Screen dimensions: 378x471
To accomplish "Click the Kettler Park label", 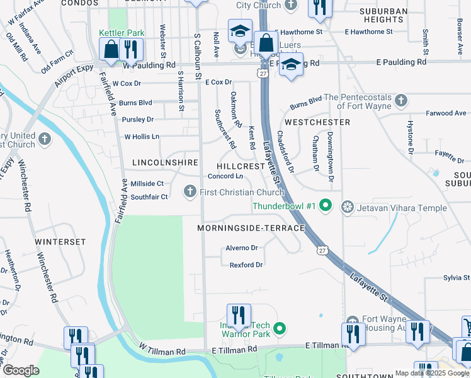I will [x=122, y=33].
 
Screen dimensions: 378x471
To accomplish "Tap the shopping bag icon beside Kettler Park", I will [x=111, y=50].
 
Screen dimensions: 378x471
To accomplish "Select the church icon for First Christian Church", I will [x=191, y=191].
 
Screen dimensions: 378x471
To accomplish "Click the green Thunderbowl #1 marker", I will [x=325, y=205].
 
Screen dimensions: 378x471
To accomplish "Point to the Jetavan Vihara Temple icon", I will [x=347, y=207].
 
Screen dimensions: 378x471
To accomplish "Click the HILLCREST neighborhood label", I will [x=241, y=166].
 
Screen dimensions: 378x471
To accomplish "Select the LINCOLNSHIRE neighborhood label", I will [x=166, y=162].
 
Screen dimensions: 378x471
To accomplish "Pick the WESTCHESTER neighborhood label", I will [x=317, y=122].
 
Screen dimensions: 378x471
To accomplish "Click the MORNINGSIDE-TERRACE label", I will [x=251, y=227].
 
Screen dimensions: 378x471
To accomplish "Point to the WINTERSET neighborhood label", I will [x=60, y=241].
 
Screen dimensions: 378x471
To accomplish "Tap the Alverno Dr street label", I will [x=242, y=248].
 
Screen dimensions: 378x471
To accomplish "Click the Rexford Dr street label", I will [x=246, y=265].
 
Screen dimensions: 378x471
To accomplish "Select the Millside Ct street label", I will [x=147, y=183].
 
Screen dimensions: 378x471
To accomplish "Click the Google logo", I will [x=20, y=370].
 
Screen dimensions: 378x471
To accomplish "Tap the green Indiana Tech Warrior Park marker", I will [x=281, y=328].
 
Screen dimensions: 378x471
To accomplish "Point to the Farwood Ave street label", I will [x=446, y=113].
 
